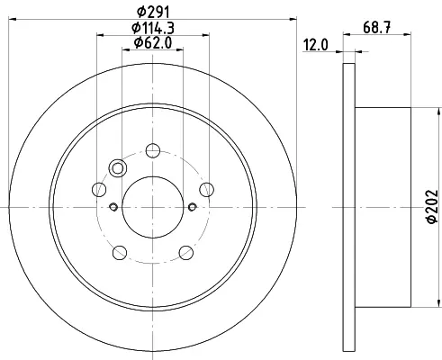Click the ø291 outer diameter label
[x=153, y=13]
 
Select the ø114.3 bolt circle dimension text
[x=153, y=28]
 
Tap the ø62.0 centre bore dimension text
[x=153, y=42]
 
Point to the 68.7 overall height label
[x=377, y=28]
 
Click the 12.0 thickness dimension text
[x=316, y=45]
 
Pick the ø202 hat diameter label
[x=432, y=206]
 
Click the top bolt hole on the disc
[x=153, y=150]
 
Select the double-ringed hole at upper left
[x=118, y=168]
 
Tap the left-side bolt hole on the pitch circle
[x=99, y=190]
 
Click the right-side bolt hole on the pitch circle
[x=207, y=190]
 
